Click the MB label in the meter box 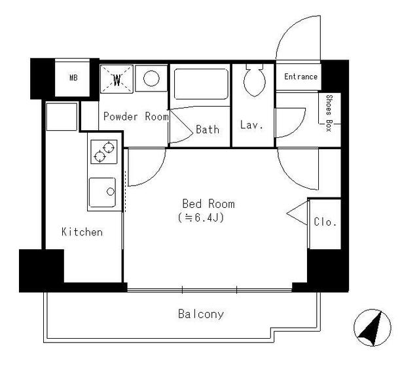point(73,78)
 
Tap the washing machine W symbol point(117,79)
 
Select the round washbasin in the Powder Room point(151,78)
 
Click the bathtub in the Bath point(201,84)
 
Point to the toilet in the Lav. point(255,80)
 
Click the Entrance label point(301,77)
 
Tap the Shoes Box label point(329,113)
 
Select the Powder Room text point(136,116)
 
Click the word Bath point(208,129)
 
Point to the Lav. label point(251,125)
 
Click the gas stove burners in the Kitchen point(104,152)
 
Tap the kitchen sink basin point(102,192)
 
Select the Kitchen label point(82,232)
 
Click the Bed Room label point(208,204)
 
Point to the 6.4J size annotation point(201,218)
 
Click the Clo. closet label point(325,222)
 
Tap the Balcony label point(201,314)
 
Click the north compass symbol point(373,328)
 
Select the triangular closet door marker point(297,213)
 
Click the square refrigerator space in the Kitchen point(62,117)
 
